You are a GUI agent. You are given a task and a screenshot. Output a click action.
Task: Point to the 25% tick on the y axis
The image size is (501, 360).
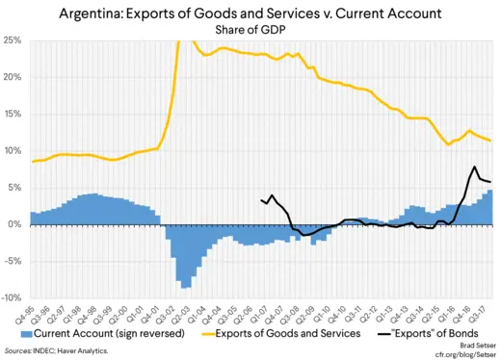13,40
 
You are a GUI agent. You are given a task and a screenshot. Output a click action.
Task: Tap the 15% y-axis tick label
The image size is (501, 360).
13,115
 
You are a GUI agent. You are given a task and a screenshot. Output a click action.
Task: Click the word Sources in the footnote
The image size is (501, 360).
19,351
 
